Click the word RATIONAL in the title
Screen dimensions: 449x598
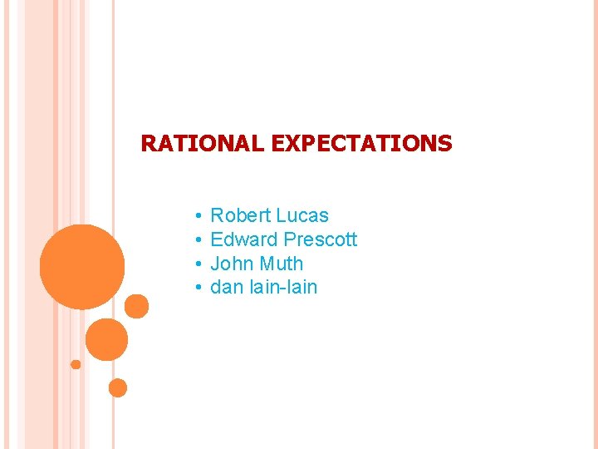[203, 144]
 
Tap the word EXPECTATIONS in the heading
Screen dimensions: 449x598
[361, 144]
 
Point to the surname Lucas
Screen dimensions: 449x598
[302, 215]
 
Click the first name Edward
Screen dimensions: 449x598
[244, 239]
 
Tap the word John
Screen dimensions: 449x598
[232, 264]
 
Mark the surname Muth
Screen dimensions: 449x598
[282, 264]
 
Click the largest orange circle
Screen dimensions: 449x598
[82, 266]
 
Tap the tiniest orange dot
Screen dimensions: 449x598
[76, 364]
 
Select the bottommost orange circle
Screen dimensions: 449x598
[118, 387]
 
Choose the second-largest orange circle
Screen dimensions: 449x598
[106, 339]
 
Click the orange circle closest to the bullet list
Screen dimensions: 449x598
[136, 307]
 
